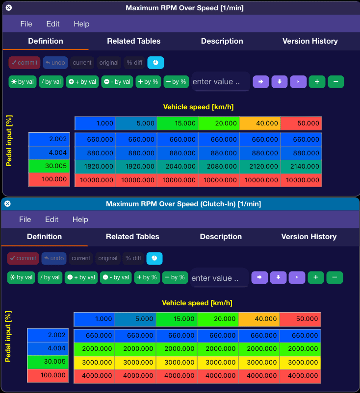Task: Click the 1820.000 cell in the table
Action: click(x=95, y=167)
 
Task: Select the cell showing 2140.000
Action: click(x=301, y=167)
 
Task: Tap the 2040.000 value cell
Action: click(x=178, y=167)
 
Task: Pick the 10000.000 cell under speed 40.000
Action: click(x=260, y=180)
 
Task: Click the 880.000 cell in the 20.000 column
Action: click(x=219, y=153)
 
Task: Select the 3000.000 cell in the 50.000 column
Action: click(x=300, y=362)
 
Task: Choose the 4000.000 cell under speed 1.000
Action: click(x=94, y=376)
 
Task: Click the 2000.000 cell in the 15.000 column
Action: click(x=177, y=348)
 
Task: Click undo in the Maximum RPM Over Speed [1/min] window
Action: click(x=55, y=63)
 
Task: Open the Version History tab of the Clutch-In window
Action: click(x=309, y=237)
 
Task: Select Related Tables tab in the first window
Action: click(x=134, y=41)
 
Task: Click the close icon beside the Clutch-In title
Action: click(x=7, y=204)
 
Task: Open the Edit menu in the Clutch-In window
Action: click(x=51, y=220)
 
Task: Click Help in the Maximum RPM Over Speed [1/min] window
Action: click(x=81, y=24)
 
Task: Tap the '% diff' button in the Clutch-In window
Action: click(x=133, y=258)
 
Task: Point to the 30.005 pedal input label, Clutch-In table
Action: click(x=48, y=362)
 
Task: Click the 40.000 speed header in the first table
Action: click(x=260, y=123)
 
